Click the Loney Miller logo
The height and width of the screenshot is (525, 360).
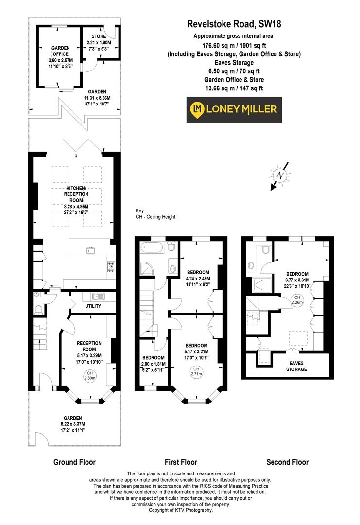(x=234, y=110)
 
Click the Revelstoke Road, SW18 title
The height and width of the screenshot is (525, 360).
(x=234, y=23)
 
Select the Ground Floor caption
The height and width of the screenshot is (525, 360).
(x=74, y=462)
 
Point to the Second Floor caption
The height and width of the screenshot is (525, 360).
(x=287, y=462)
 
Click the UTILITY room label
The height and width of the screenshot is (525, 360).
(x=93, y=306)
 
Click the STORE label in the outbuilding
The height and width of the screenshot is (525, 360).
(x=99, y=36)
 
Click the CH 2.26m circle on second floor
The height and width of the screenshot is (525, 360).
(x=295, y=299)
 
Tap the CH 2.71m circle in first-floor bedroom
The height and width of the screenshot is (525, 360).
(x=196, y=372)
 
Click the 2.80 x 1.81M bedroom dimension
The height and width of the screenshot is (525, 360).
(x=154, y=364)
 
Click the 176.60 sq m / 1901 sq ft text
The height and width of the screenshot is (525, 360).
(x=234, y=45)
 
